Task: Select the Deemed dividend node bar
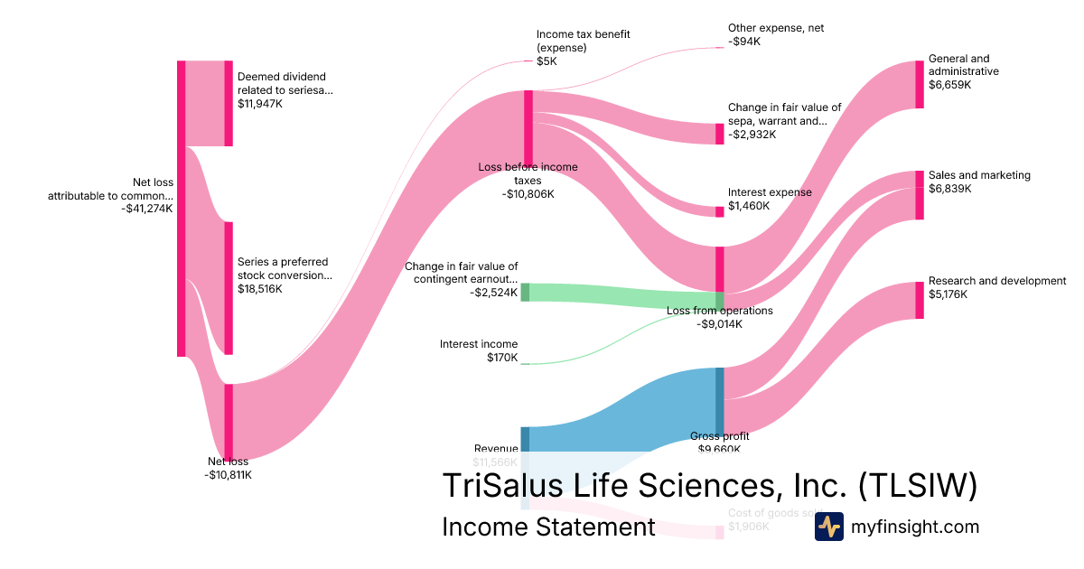(x=229, y=103)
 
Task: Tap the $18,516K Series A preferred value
(x=260, y=290)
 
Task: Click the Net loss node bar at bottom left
(x=229, y=423)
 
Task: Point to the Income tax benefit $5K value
(x=547, y=61)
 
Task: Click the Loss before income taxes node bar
(x=528, y=127)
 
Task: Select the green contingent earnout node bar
(x=525, y=292)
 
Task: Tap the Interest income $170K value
(x=502, y=358)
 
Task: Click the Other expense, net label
(x=776, y=28)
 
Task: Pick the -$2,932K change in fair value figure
(x=752, y=135)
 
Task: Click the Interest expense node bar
(x=720, y=211)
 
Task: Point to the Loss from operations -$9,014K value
(x=719, y=324)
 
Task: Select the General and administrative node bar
(x=920, y=84)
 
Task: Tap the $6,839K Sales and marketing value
(x=949, y=189)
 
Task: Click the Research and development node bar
(x=920, y=300)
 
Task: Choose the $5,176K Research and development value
(x=948, y=294)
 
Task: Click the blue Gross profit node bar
(x=720, y=402)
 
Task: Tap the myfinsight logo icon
(x=828, y=527)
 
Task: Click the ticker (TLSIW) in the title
(x=916, y=485)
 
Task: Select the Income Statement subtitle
(x=547, y=527)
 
